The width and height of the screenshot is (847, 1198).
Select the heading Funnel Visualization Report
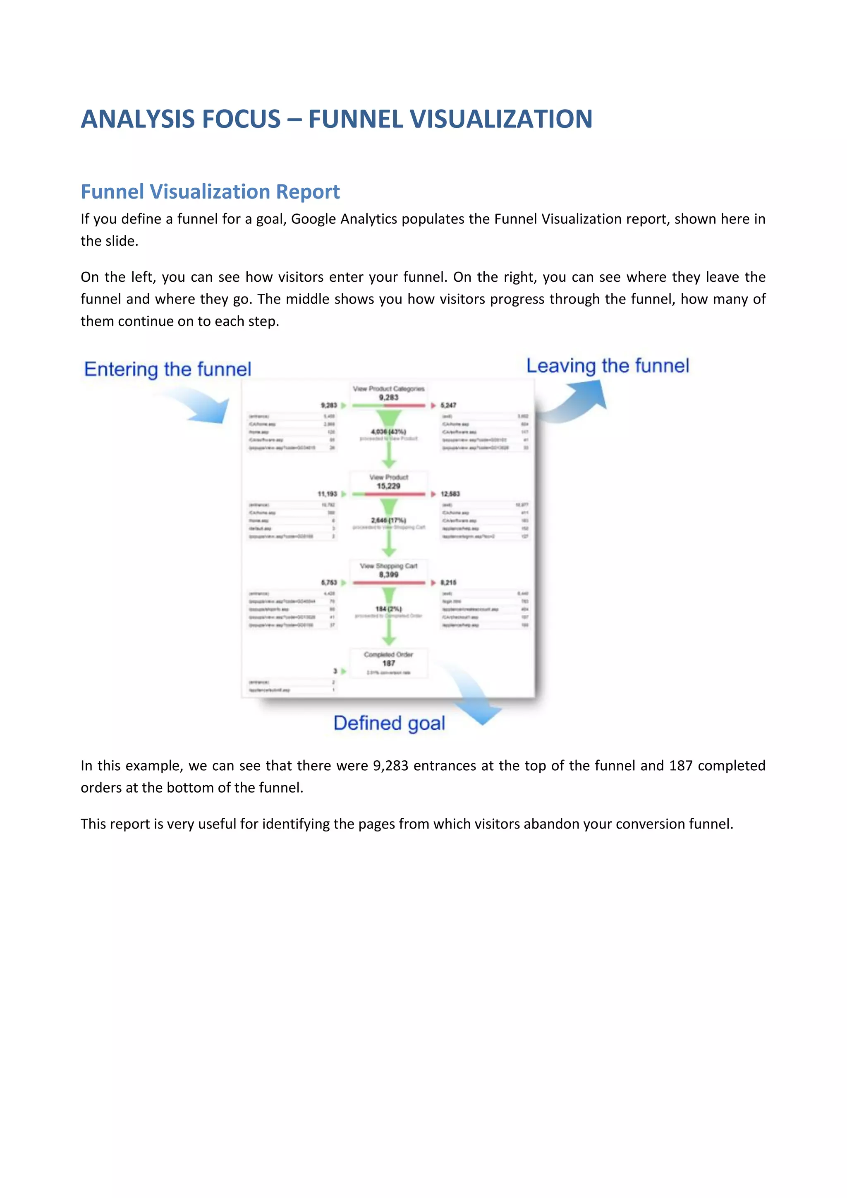coord(210,192)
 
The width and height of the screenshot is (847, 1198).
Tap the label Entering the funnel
coord(167,369)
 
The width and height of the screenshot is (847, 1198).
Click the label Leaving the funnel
coord(607,366)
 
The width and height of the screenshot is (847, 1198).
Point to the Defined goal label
coord(389,723)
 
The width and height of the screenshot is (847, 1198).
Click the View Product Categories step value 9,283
coord(389,398)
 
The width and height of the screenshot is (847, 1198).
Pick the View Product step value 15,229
coord(389,486)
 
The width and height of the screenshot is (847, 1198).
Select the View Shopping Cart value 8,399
coord(389,575)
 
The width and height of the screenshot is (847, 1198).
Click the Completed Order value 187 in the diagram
coord(389,663)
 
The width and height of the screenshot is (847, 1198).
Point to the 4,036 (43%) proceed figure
coord(389,431)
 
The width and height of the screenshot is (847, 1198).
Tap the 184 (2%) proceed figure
coord(389,609)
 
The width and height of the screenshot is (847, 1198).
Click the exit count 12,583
coord(450,494)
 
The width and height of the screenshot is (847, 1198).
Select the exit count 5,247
coord(449,405)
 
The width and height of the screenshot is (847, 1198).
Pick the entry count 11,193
coord(328,494)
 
